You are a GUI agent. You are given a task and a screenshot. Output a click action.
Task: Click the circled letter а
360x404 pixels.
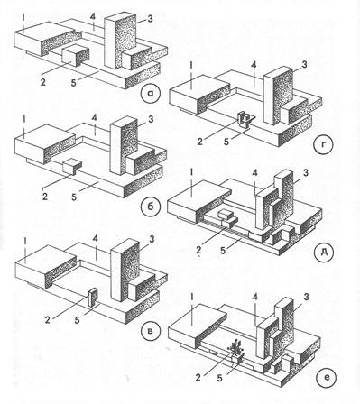151,92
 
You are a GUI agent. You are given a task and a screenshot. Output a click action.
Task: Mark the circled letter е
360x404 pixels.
328,376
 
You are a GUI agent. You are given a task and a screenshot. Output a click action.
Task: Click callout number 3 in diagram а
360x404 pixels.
150,19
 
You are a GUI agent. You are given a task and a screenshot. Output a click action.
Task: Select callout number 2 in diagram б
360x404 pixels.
45,197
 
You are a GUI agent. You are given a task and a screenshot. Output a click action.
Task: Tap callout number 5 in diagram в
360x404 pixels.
77,320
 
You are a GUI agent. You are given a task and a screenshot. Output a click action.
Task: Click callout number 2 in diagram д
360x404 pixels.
198,250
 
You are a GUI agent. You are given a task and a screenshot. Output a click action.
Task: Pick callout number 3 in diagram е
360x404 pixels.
306,298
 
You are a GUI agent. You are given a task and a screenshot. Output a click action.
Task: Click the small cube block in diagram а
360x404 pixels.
76,56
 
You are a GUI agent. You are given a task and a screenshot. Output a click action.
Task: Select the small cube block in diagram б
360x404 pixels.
72,166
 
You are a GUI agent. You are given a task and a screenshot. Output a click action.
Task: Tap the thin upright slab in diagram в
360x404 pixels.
93,298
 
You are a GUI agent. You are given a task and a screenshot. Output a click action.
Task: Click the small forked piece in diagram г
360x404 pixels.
245,119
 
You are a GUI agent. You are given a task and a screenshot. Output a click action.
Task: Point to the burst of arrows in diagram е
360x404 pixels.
236,347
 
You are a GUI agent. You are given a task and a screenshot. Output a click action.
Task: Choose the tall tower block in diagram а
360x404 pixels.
120,41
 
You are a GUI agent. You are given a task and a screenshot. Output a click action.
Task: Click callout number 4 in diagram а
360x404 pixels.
93,18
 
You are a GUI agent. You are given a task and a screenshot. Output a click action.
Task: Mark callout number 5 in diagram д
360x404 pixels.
223,251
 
